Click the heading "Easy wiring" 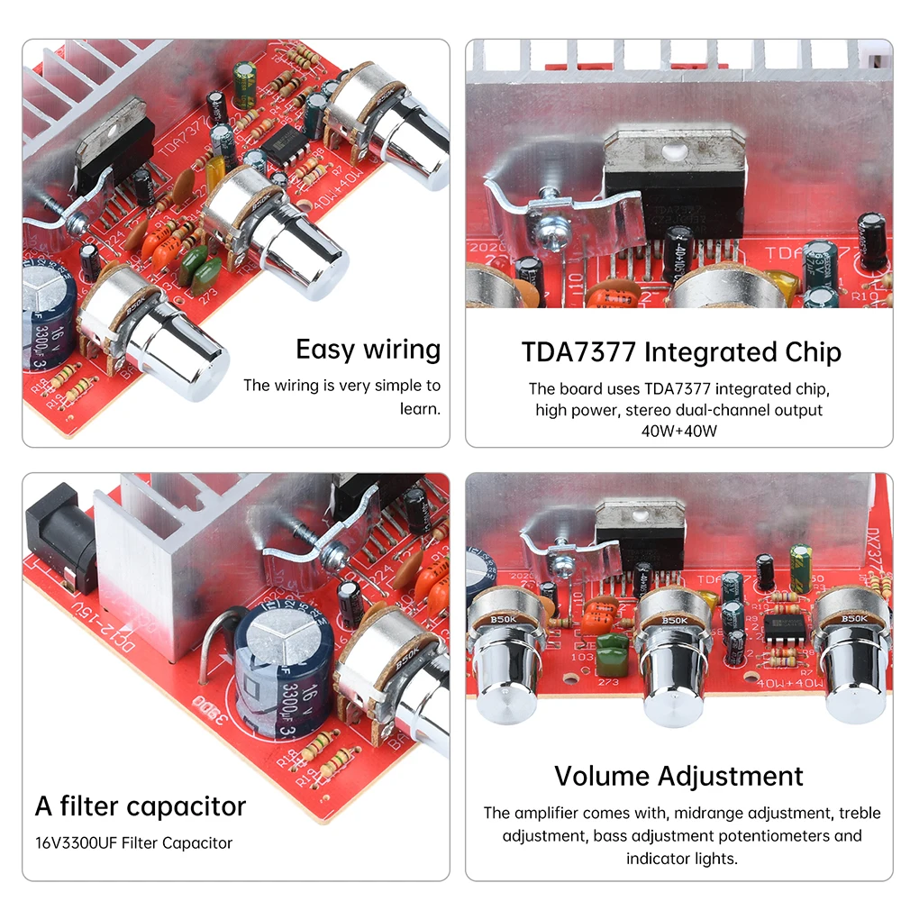[368, 350]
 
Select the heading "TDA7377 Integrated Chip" [681, 351]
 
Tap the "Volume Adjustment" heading [678, 776]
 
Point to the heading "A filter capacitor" [140, 805]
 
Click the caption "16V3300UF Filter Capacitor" [133, 843]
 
